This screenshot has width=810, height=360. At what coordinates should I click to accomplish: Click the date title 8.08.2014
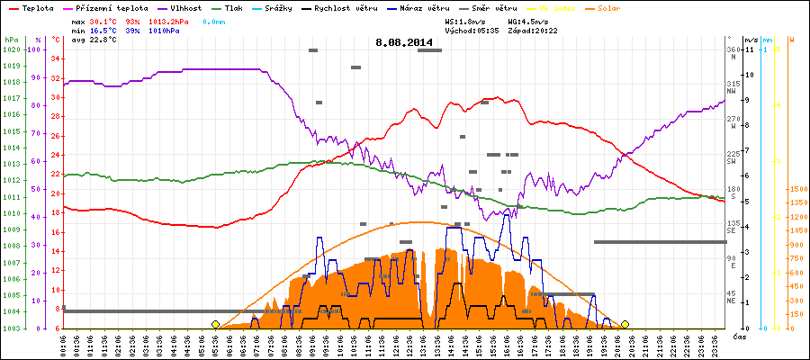tap(404, 42)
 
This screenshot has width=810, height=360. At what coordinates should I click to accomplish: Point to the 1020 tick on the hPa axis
tap(11, 49)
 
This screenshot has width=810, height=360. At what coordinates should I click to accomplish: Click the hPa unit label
tap(11, 40)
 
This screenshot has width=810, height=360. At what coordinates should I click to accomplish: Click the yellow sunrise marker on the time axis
tap(215, 324)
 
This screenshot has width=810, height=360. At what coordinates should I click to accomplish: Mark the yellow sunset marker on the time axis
tap(625, 324)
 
